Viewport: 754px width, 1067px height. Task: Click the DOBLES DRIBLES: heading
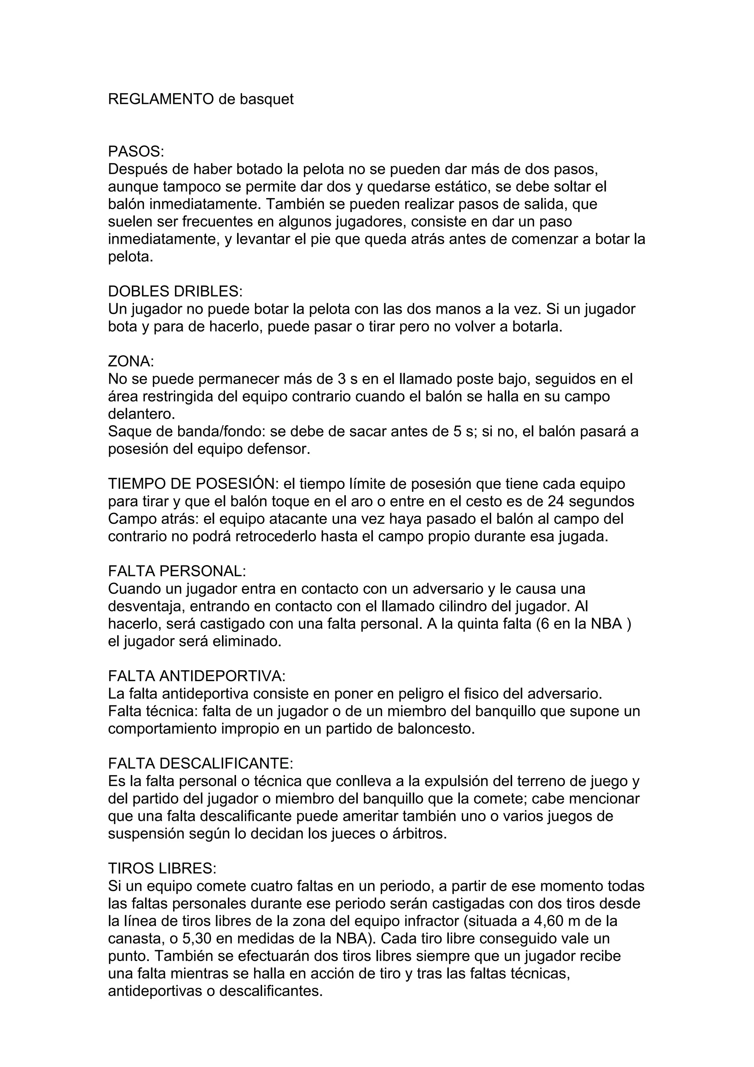[175, 291]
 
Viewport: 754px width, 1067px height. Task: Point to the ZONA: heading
[131, 362]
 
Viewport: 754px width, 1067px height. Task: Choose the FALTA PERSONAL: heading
[177, 571]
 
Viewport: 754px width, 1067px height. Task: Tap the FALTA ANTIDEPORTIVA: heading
[197, 676]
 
